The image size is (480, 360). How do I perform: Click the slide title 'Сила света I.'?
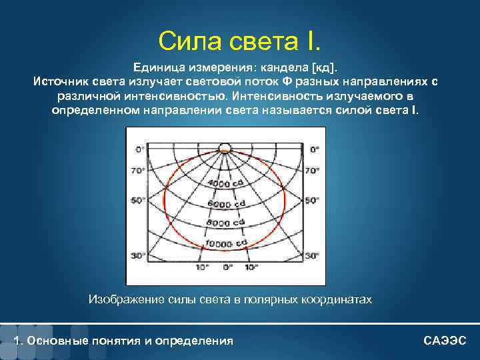coord(239,41)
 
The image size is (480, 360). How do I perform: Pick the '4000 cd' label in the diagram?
coord(225,183)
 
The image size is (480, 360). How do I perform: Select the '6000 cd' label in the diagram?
coord(226,203)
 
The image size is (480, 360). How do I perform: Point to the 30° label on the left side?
coord(137,255)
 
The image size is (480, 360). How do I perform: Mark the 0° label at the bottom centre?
coord(227,267)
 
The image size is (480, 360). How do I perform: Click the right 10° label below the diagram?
coord(251,267)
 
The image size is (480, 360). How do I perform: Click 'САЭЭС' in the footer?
coord(445,341)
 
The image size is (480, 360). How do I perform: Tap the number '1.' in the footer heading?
coord(17,341)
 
